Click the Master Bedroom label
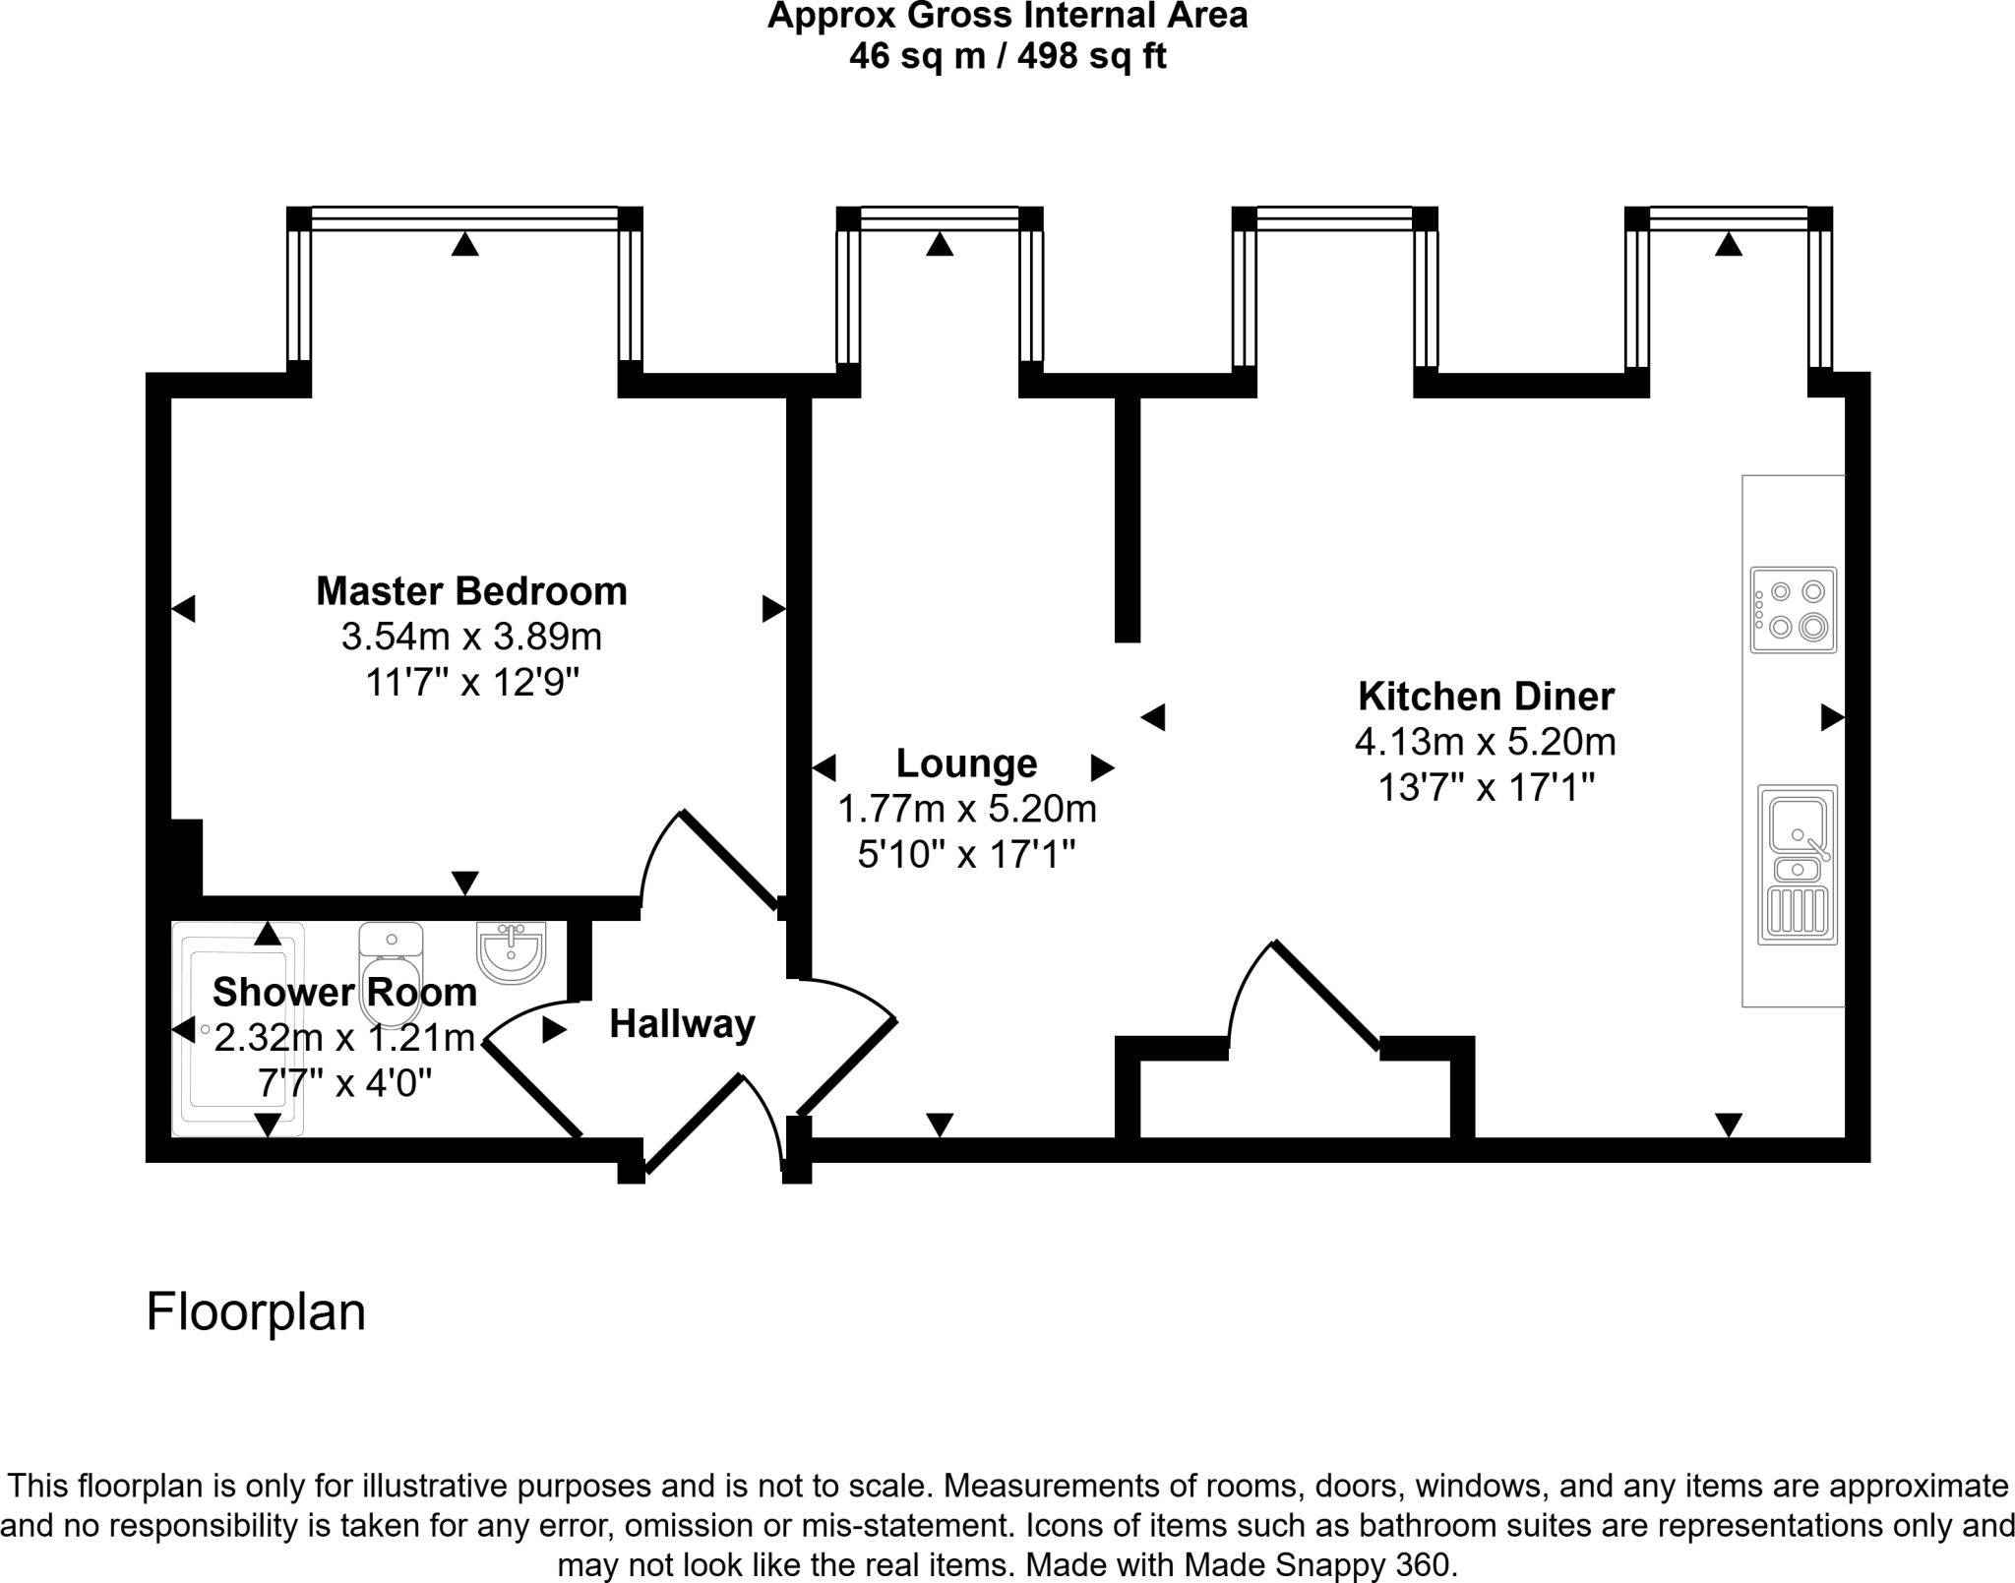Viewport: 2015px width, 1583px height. click(471, 591)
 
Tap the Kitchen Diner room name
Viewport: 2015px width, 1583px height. click(1486, 697)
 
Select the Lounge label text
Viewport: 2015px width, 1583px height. click(966, 763)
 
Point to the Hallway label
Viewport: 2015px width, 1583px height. click(682, 1024)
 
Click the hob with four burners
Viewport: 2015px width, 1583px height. click(1794, 610)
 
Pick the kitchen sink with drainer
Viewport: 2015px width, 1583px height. click(1798, 865)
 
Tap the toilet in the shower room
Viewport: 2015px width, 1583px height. click(392, 974)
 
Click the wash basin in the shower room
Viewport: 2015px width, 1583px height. click(511, 951)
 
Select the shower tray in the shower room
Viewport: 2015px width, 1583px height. click(238, 1029)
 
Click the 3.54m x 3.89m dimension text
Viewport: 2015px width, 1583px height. click(471, 638)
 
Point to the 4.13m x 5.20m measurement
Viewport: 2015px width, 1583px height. click(1486, 742)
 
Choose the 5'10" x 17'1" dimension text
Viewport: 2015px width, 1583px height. click(966, 855)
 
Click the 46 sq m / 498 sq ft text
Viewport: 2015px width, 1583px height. click(1007, 56)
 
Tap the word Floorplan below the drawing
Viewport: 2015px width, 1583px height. click(256, 1312)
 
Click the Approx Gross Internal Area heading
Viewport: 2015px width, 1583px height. click(1007, 16)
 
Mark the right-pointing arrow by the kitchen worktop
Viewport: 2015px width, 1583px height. click(1832, 717)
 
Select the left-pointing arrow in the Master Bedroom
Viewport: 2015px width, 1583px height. click(183, 609)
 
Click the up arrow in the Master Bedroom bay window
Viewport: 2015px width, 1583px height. click(465, 244)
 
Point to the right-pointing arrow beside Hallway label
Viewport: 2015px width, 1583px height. click(555, 1030)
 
